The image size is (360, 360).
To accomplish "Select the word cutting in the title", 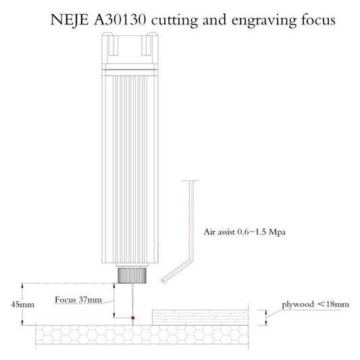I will pyautogui.click(x=176, y=20).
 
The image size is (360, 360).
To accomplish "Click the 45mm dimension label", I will pyautogui.click(x=23, y=304).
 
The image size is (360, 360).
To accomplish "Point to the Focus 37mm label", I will pyautogui.click(x=78, y=299).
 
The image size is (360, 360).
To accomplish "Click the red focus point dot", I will pyautogui.click(x=133, y=317).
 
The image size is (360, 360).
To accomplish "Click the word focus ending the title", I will pyautogui.click(x=314, y=20).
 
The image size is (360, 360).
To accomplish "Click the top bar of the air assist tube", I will pyautogui.click(x=190, y=180).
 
